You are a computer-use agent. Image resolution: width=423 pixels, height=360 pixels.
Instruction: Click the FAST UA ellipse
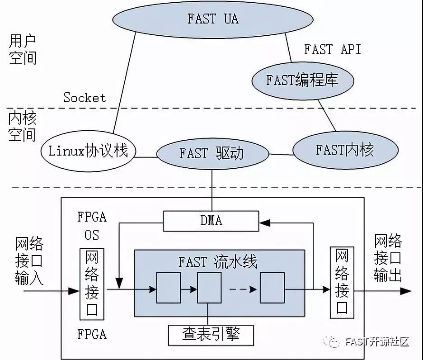(212, 19)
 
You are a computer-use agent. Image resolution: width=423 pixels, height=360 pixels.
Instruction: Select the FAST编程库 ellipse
(302, 81)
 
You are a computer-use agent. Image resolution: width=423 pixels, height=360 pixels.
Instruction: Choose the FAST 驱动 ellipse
(212, 153)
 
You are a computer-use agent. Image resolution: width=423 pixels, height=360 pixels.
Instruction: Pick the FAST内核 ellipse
(345, 150)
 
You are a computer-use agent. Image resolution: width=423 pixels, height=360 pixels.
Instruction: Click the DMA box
(211, 221)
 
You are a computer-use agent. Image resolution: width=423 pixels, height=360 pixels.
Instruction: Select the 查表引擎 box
(211, 335)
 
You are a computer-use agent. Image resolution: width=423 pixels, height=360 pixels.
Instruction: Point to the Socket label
(85, 98)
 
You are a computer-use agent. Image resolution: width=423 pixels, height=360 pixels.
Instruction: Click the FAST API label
(333, 49)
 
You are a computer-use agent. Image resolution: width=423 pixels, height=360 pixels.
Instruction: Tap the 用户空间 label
(23, 50)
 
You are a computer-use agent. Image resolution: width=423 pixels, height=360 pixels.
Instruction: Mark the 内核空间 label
(23, 127)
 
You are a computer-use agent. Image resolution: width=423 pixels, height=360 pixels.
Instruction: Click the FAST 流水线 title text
(218, 262)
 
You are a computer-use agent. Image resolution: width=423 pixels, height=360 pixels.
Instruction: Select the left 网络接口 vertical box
(92, 284)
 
